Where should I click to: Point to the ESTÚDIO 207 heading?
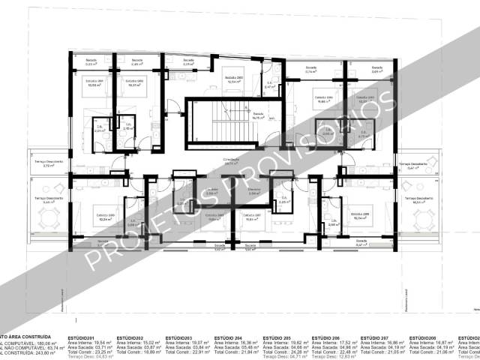pos(374,338)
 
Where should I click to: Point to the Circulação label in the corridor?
pos(231,160)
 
